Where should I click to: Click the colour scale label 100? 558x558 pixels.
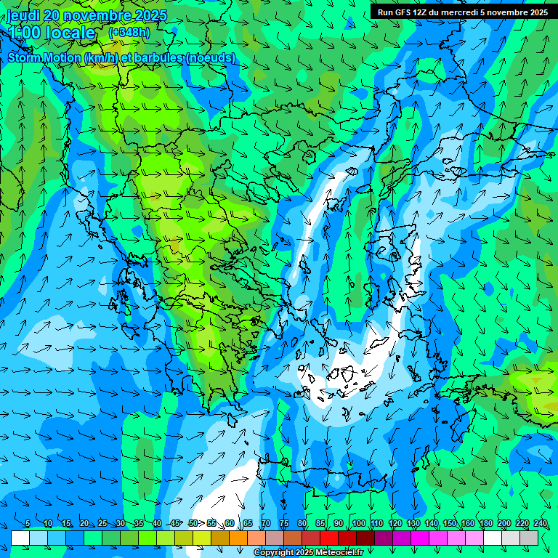point(358,523)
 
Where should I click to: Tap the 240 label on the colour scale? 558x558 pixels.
point(541,523)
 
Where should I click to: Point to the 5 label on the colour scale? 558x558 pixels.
point(28,523)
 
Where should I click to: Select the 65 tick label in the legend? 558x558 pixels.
point(247,523)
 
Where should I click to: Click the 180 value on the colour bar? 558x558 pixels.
point(485,523)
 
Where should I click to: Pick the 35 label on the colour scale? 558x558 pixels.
point(138,523)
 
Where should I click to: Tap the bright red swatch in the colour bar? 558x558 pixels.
point(329,538)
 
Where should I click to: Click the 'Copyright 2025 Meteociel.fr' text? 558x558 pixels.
point(308,553)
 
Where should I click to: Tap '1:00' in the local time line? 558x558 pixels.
point(25,33)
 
